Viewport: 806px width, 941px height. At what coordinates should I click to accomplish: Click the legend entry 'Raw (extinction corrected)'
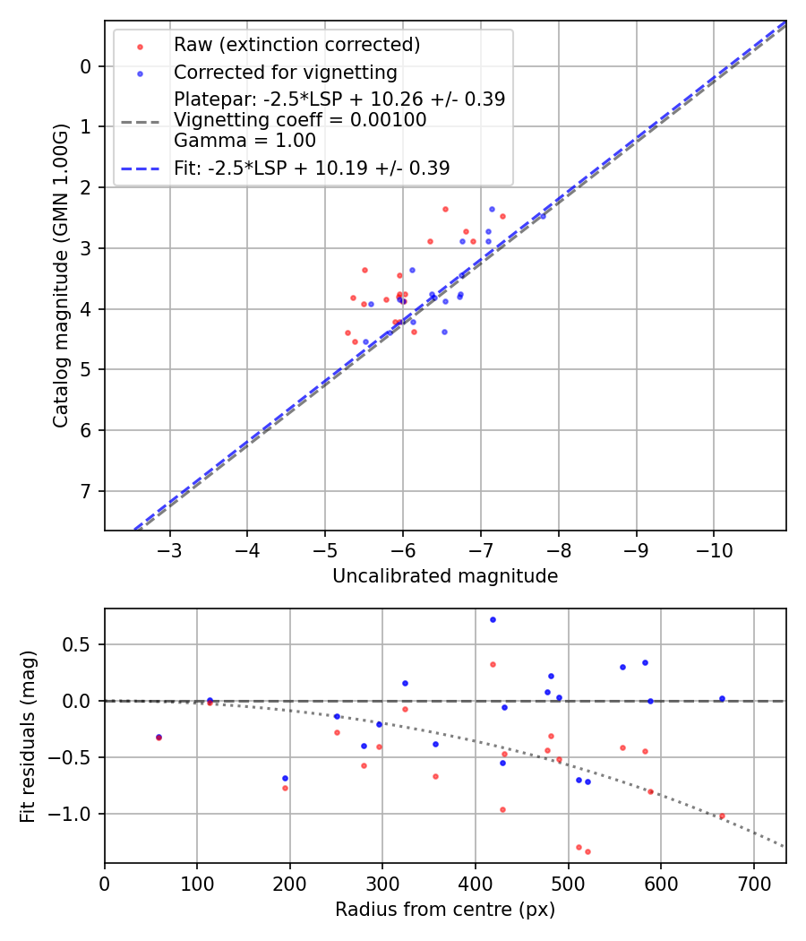click(x=296, y=45)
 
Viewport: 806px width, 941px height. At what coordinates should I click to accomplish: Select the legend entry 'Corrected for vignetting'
click(x=285, y=72)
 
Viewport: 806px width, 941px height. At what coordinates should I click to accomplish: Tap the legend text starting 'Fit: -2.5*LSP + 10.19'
click(x=312, y=168)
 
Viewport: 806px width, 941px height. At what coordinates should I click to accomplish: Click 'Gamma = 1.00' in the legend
click(x=244, y=141)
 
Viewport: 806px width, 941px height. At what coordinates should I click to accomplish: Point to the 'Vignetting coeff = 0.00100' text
click(x=300, y=120)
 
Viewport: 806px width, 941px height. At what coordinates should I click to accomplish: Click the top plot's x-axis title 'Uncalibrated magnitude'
click(x=445, y=576)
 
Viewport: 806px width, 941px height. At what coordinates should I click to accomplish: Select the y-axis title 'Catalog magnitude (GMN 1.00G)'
click(x=60, y=275)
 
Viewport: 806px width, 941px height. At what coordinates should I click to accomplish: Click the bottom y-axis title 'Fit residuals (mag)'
click(x=28, y=736)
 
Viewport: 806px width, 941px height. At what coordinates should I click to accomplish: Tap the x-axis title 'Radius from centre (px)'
click(x=445, y=910)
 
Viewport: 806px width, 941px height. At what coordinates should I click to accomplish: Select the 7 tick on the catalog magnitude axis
click(x=86, y=491)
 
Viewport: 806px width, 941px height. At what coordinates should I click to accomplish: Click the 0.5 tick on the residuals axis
click(x=81, y=644)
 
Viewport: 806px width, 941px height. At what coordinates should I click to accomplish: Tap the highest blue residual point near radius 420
click(x=493, y=619)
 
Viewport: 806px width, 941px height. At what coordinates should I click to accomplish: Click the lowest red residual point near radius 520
click(x=587, y=851)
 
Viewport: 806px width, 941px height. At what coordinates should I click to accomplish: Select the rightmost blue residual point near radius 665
click(x=722, y=698)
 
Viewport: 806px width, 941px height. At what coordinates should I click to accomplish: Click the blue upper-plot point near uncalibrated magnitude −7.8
click(x=542, y=216)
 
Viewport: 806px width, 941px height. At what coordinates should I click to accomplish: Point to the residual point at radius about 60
click(x=159, y=737)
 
